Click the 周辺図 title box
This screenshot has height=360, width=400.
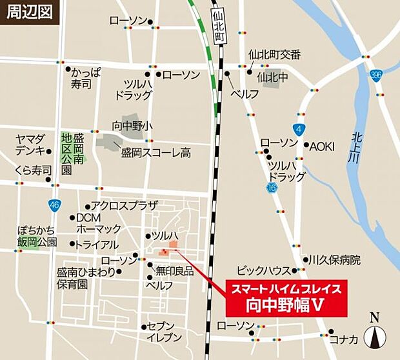coord(30,12)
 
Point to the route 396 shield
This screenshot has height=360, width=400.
coord(376,76)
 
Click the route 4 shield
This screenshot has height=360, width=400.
coord(297,128)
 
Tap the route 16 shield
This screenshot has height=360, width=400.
coord(271,186)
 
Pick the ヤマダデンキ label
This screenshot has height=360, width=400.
coord(31,145)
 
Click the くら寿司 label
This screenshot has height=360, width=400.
coord(32,170)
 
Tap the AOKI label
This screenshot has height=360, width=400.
coord(322,146)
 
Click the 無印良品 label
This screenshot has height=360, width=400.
coord(175,272)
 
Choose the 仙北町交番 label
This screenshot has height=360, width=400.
coord(274,55)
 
